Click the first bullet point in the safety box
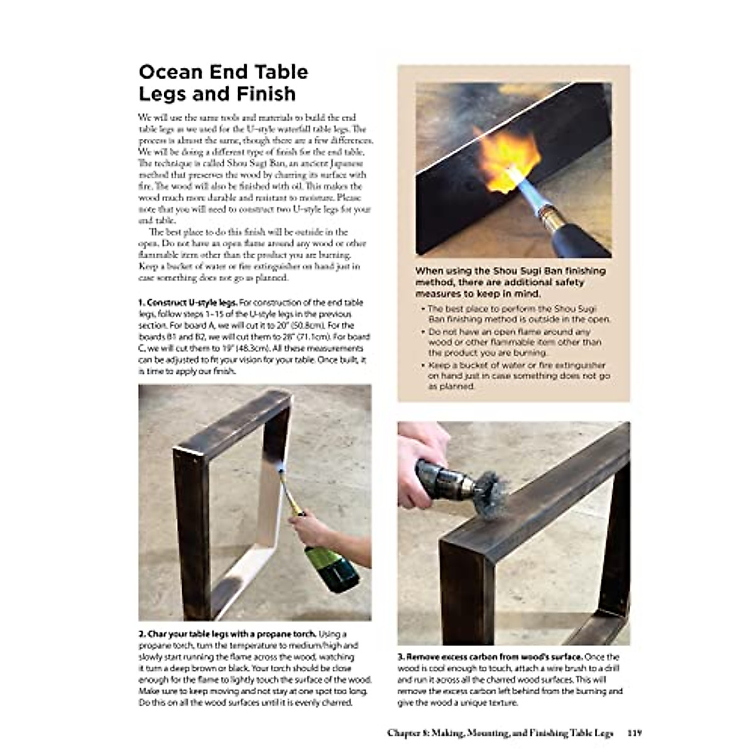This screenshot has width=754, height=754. pos(518,314)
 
